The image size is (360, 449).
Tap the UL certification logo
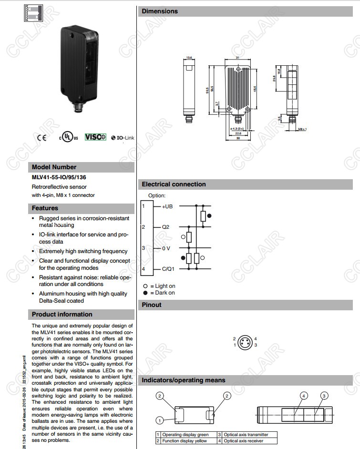click(x=68, y=137)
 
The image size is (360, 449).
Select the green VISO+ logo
click(x=95, y=137)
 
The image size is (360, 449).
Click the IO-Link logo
click(x=123, y=138)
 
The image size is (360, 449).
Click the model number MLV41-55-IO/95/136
click(x=59, y=177)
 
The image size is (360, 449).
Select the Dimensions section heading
click(x=160, y=11)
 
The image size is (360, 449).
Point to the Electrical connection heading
click(x=174, y=184)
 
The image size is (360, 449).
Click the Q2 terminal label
click(x=165, y=227)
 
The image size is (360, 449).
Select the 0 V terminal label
click(x=165, y=248)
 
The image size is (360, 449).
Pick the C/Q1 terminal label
click(x=168, y=269)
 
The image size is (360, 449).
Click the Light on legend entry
click(x=160, y=286)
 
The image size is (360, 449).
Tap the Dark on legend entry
click(x=159, y=293)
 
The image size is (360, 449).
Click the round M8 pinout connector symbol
click(x=245, y=342)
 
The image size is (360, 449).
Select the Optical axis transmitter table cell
click(x=245, y=435)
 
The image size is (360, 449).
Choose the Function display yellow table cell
click(x=185, y=441)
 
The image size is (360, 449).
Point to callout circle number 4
click(x=303, y=396)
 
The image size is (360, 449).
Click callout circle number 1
click(x=160, y=420)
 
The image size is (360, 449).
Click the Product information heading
click(x=62, y=314)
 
